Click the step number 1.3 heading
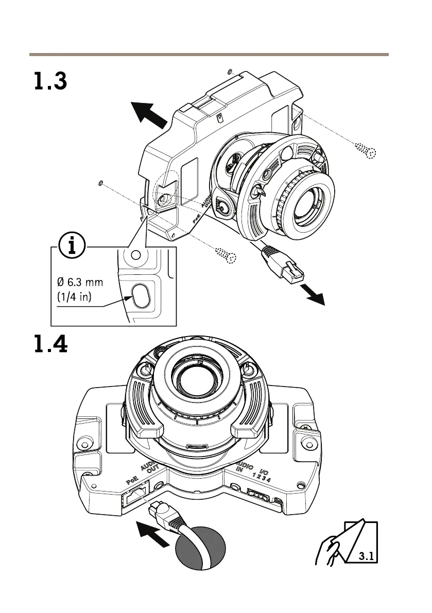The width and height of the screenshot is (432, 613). (x=50, y=81)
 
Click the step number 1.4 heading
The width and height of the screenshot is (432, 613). (x=50, y=344)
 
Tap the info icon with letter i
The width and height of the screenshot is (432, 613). (x=72, y=247)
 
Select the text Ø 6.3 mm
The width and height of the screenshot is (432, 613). (x=80, y=283)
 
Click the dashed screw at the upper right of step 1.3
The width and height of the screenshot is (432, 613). (x=366, y=150)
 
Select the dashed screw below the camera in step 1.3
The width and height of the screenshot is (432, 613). (x=225, y=254)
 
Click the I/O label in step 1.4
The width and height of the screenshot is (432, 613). (x=264, y=470)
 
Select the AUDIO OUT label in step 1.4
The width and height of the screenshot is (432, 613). (x=150, y=467)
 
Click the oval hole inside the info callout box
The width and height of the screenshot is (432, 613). (x=140, y=295)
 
